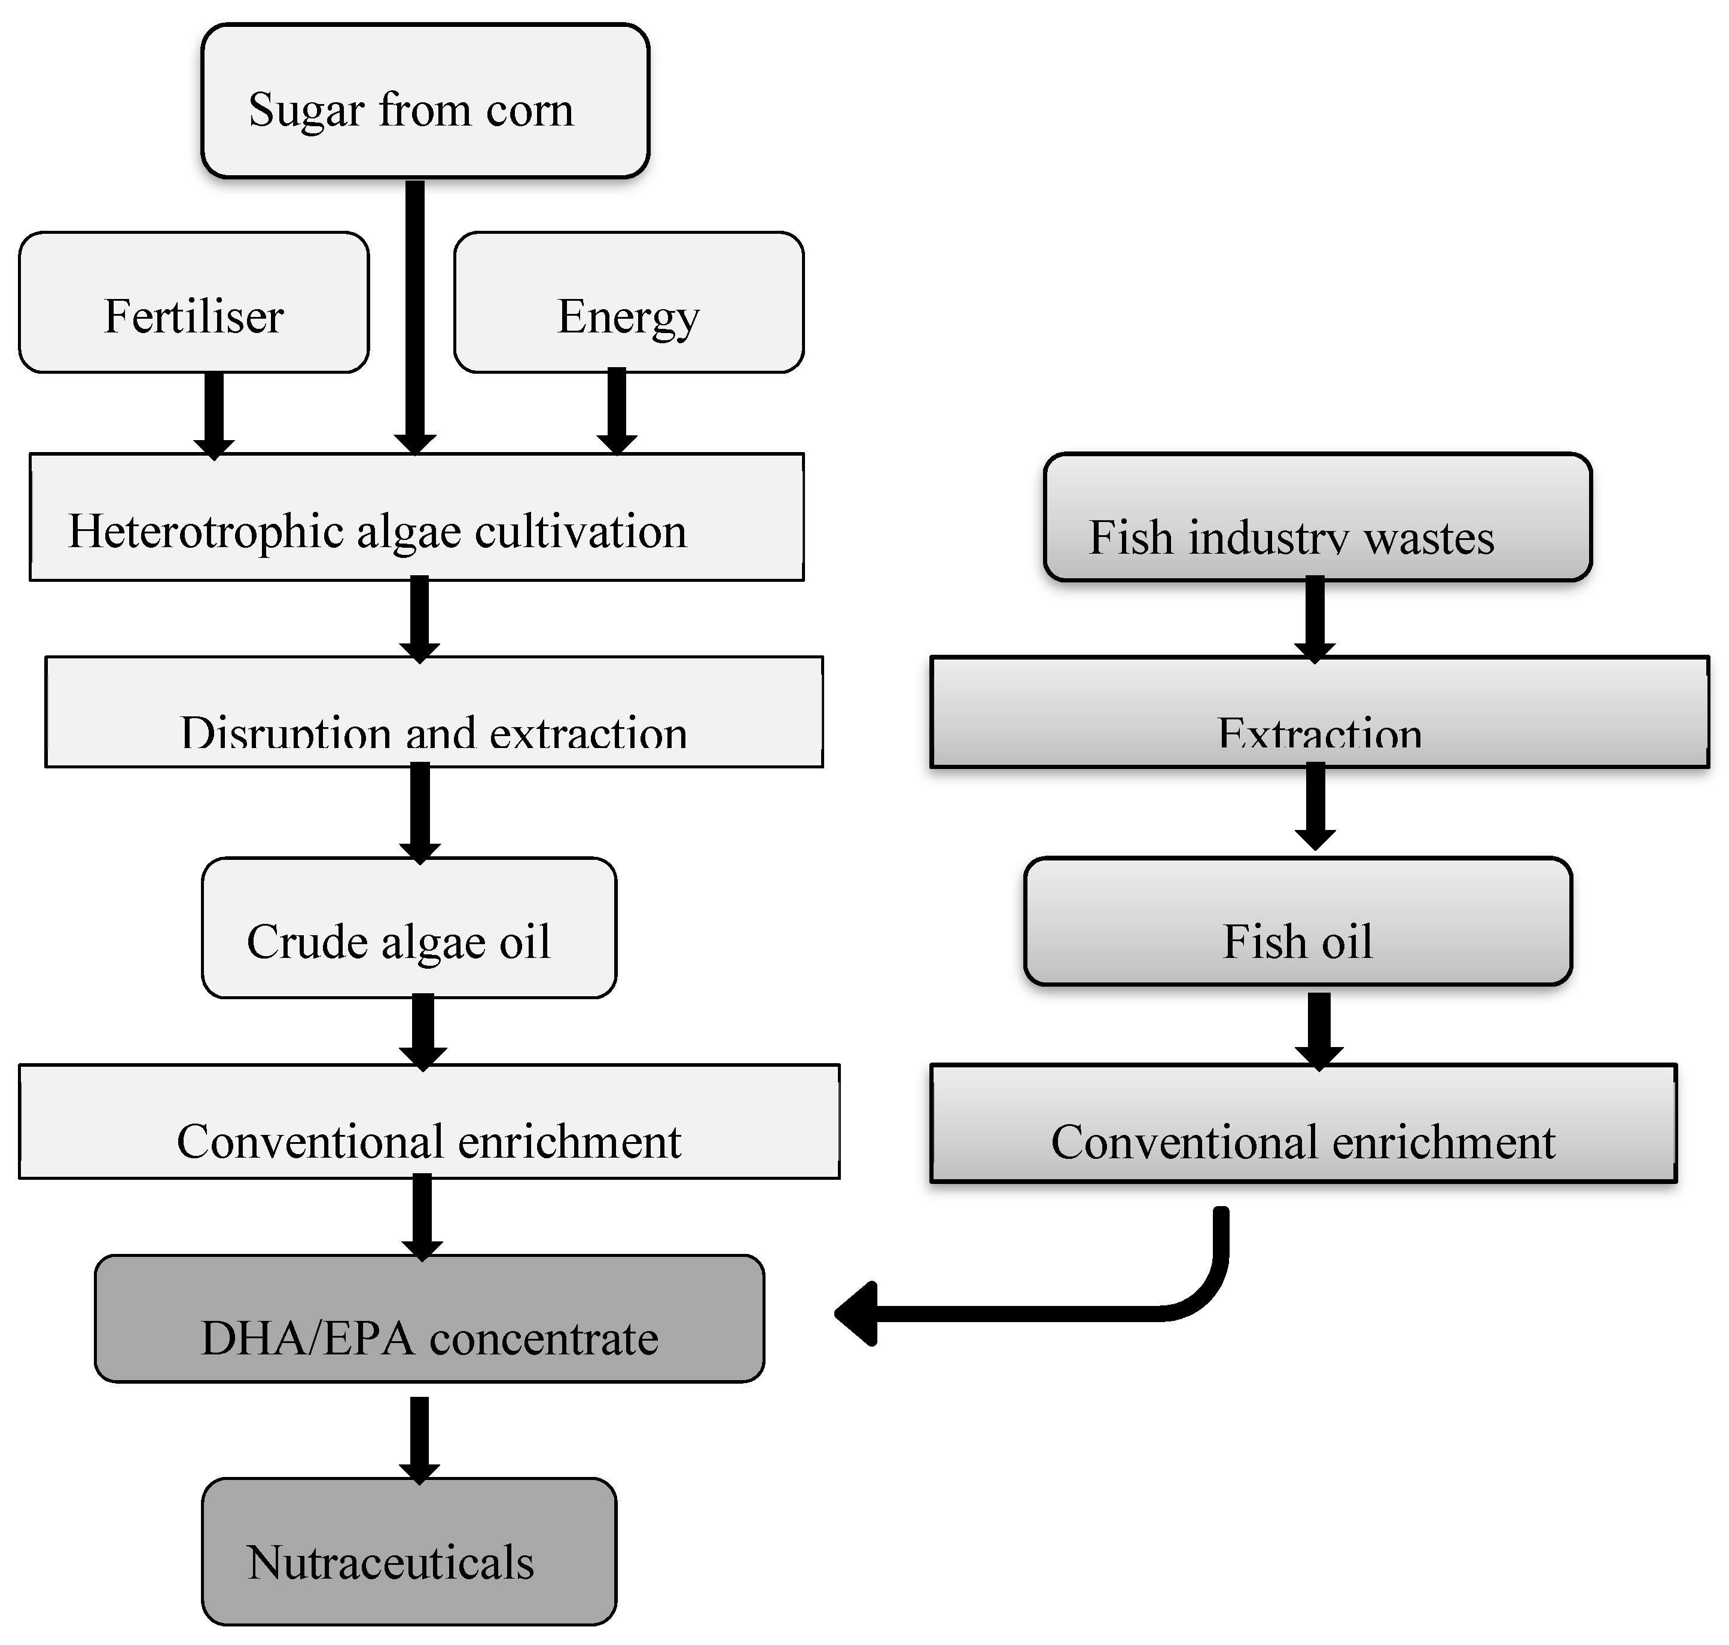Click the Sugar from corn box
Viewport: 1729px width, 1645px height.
[425, 101]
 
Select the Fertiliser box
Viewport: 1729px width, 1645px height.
[194, 303]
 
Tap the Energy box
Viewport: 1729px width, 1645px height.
[628, 303]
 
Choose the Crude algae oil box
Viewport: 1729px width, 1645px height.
[409, 927]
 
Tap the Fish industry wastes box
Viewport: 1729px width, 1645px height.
[1317, 517]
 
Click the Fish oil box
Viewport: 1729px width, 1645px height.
[1297, 921]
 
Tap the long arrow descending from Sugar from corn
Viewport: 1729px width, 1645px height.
[415, 316]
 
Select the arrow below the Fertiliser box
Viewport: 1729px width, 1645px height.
[213, 412]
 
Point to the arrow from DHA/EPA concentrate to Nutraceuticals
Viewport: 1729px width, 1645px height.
[419, 1438]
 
